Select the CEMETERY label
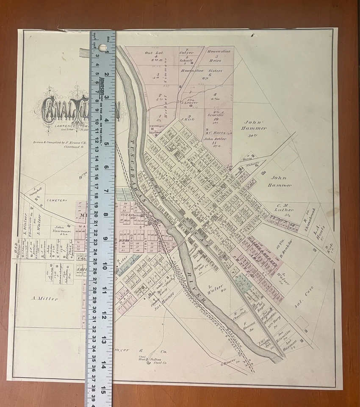point(57,200)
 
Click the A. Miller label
point(44,298)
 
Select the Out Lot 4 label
point(154,55)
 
